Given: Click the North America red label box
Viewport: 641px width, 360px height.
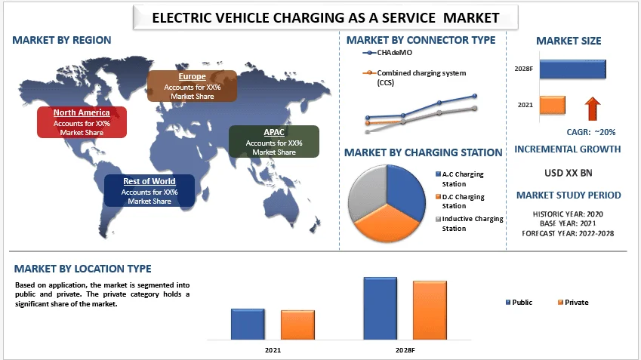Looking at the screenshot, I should click(82, 122).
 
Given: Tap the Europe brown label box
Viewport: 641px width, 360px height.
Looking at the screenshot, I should click(192, 86).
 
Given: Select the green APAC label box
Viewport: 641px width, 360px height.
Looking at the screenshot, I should click(274, 142).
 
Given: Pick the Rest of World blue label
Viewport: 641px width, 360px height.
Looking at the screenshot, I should click(149, 191).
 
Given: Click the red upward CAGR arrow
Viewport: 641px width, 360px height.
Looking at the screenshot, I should click(592, 109).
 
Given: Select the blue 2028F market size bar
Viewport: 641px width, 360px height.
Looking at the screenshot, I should click(572, 69).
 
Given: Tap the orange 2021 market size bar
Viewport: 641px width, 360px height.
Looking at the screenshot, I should click(553, 104).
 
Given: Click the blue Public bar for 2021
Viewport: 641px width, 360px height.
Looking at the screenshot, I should click(248, 324).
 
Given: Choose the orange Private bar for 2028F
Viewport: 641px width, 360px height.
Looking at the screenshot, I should click(430, 309).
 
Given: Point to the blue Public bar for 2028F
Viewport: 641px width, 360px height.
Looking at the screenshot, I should click(380, 308).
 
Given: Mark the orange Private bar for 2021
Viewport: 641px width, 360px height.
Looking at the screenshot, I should click(297, 325).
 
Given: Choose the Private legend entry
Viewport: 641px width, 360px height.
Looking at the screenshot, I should click(572, 303).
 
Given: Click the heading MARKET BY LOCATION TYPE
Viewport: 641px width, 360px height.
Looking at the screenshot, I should click(82, 269).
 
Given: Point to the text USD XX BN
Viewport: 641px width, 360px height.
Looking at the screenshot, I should click(568, 173).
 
